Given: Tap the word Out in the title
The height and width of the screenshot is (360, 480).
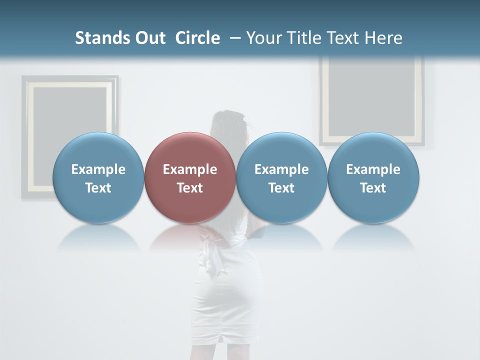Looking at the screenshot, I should [149, 38].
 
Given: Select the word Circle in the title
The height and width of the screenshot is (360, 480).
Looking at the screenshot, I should [197, 38].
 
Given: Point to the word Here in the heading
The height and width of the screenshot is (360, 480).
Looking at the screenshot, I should [384, 38].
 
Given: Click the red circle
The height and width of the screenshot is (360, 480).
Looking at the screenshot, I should [190, 177].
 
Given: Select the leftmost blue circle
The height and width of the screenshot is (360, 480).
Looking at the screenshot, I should [98, 177].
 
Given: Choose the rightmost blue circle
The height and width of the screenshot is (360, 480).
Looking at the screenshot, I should [373, 177].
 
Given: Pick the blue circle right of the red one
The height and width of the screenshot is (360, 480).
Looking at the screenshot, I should [281, 177].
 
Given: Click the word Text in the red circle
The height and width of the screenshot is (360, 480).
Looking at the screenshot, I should [190, 188].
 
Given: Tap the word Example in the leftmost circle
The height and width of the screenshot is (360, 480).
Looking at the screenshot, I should [98, 169].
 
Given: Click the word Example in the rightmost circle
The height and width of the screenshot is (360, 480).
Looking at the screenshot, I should [373, 169].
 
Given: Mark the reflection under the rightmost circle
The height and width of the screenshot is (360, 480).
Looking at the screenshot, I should [373, 237].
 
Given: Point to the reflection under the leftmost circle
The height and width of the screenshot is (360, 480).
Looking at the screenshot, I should [98, 237].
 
